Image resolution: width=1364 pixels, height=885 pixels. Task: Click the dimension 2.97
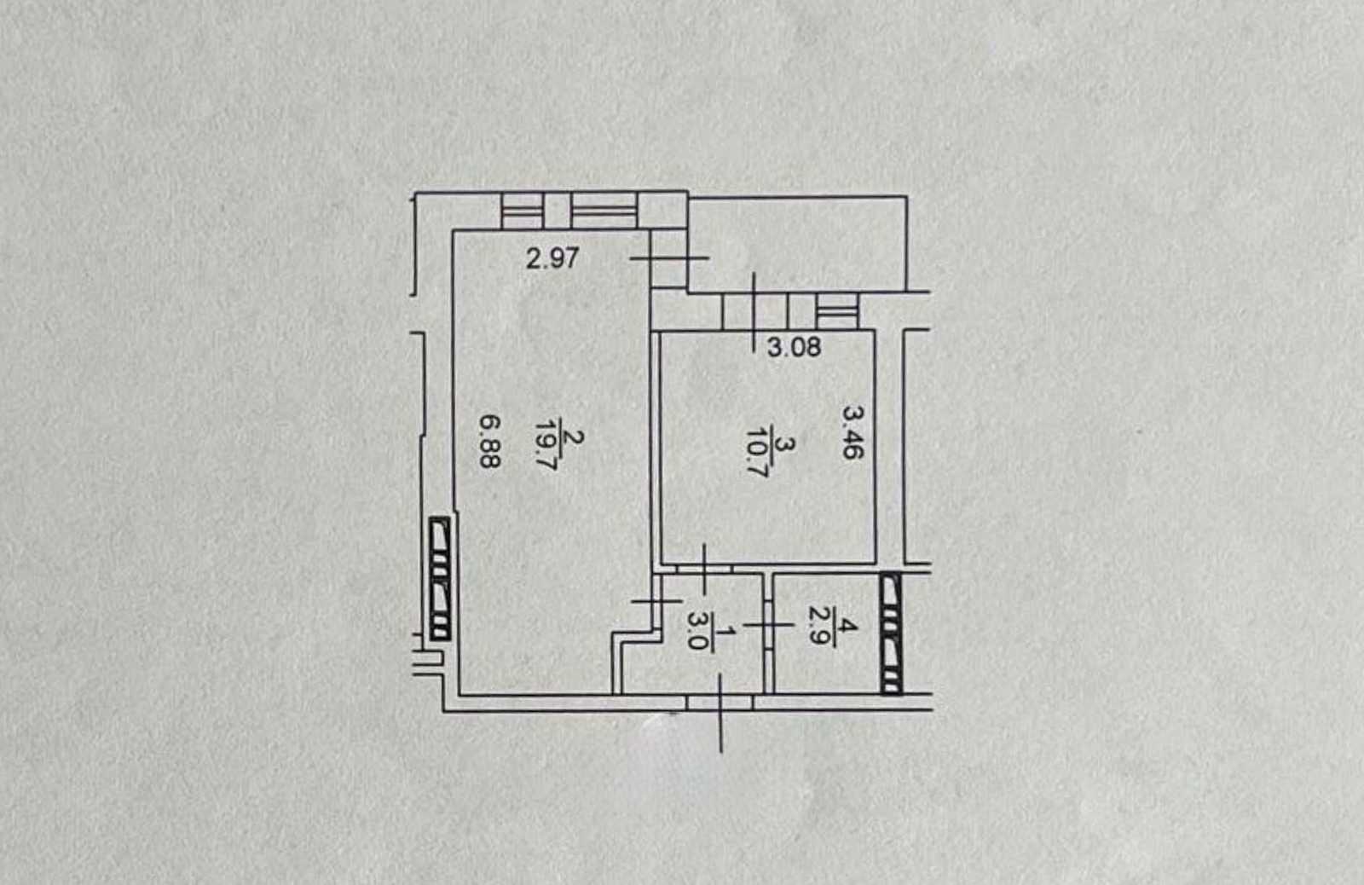point(552,258)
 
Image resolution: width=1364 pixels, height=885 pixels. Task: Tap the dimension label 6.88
point(489,441)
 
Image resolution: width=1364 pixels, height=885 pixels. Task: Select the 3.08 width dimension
point(794,348)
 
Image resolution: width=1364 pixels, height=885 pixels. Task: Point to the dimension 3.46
point(852,431)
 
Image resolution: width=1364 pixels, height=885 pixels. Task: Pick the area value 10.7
point(757,452)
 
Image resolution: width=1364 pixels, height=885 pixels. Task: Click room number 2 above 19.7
point(573,438)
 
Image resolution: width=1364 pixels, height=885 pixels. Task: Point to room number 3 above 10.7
point(785,445)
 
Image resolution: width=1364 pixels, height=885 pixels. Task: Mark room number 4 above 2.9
point(847,625)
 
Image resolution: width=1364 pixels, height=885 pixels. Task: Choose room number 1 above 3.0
point(725,633)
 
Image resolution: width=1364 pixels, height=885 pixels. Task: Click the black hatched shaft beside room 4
point(892,633)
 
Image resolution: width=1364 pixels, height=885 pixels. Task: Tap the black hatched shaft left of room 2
point(440,578)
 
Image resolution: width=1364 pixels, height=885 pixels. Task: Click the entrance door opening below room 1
point(720,703)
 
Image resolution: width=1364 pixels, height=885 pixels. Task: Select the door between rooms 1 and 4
point(768,625)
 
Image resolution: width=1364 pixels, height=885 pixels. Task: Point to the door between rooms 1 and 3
point(704,569)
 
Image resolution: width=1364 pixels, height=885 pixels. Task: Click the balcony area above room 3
point(798,244)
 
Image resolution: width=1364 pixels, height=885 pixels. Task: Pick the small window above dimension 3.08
point(836,311)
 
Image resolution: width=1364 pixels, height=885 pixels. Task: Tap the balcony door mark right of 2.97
point(668,258)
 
